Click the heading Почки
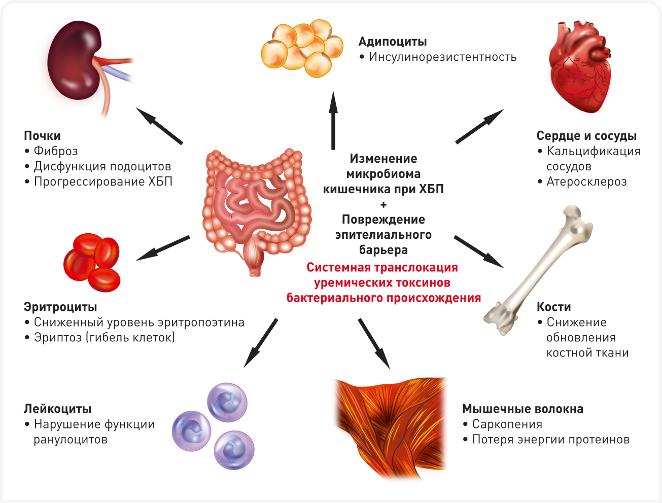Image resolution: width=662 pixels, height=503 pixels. (x=42, y=136)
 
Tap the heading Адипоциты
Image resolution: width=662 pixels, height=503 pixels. (x=392, y=42)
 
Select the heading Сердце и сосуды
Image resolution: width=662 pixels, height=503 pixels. (x=586, y=136)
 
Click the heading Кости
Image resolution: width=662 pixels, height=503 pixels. (x=553, y=307)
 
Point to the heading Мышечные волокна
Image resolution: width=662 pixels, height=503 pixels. (x=522, y=409)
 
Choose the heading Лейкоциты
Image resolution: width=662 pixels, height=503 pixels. (x=57, y=409)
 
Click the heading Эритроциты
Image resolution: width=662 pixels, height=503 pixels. (x=60, y=307)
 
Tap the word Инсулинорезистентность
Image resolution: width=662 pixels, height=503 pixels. (x=442, y=57)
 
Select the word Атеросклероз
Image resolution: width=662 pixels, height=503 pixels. (x=586, y=182)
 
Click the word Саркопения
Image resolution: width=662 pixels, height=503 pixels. (x=507, y=424)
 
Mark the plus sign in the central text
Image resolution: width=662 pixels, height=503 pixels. (x=383, y=205)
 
